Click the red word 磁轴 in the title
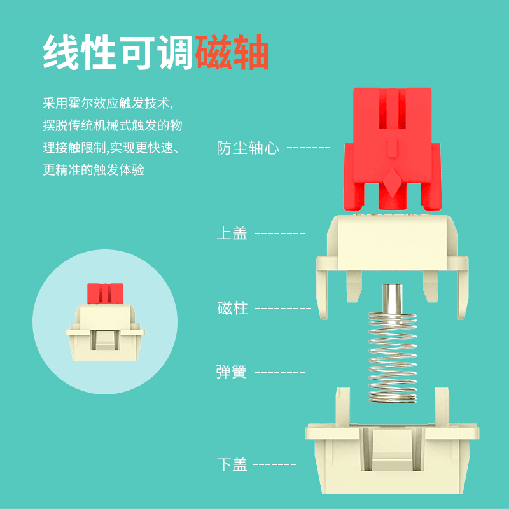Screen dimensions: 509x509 coord(232,52)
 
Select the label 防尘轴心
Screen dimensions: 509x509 coord(248,148)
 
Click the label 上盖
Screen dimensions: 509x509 coord(232,233)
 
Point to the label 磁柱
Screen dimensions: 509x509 coord(232,308)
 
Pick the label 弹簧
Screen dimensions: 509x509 coord(232,372)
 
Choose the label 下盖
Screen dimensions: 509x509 coord(232,464)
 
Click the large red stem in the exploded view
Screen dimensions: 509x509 coord(392,149)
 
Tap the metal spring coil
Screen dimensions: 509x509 coord(393,358)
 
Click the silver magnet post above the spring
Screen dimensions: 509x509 coord(393,298)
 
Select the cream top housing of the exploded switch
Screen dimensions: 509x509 coord(393,266)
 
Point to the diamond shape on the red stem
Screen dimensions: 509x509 coord(393,182)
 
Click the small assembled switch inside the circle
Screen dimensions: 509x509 coord(105,322)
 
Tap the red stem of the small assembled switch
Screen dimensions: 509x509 coord(105,294)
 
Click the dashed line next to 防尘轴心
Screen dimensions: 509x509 coord(309,148)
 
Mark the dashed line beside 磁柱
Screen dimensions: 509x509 coord(283,308)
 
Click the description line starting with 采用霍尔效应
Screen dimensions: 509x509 coord(108,103)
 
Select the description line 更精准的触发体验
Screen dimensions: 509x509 coord(94,170)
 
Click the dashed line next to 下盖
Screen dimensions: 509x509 coord(274,464)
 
